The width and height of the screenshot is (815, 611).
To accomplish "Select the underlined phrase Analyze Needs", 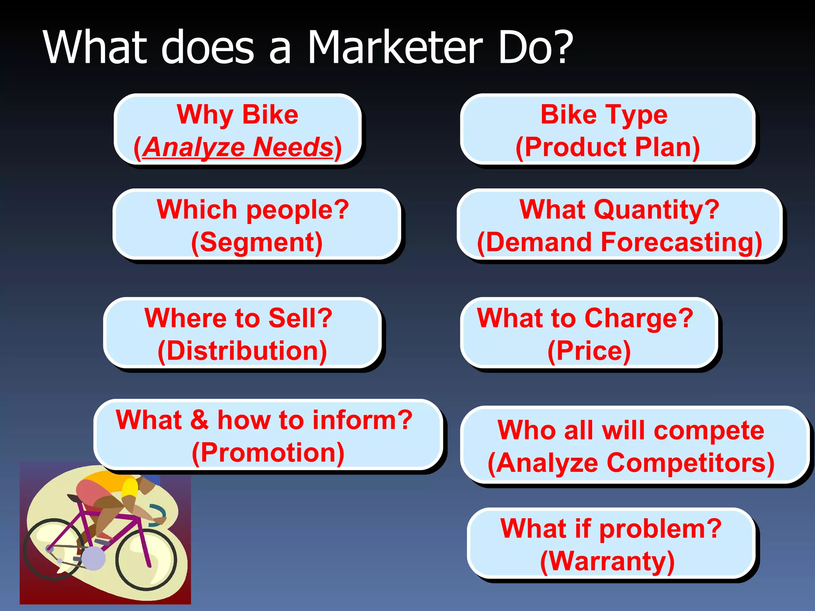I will (x=238, y=147).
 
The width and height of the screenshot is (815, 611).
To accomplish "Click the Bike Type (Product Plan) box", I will (x=607, y=130).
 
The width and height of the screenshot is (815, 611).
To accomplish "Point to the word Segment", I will (x=257, y=242).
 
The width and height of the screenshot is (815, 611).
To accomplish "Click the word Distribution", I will (x=242, y=351).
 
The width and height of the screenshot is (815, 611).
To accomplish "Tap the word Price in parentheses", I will (x=589, y=351).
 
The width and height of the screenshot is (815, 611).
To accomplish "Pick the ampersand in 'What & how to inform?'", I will (x=199, y=420).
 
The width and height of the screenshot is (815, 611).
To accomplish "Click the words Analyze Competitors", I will (x=631, y=463).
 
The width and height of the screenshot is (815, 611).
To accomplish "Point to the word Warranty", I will (x=607, y=561).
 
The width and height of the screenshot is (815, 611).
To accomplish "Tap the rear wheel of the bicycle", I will (x=54, y=549).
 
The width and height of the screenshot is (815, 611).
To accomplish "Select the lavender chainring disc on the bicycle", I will (x=94, y=558).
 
